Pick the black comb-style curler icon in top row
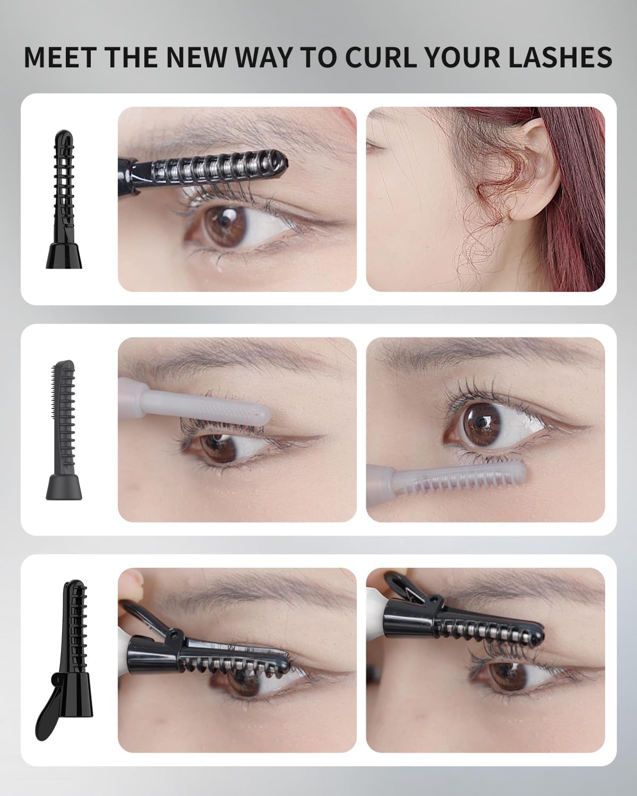click(x=63, y=199)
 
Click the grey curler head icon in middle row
click(x=64, y=430)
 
